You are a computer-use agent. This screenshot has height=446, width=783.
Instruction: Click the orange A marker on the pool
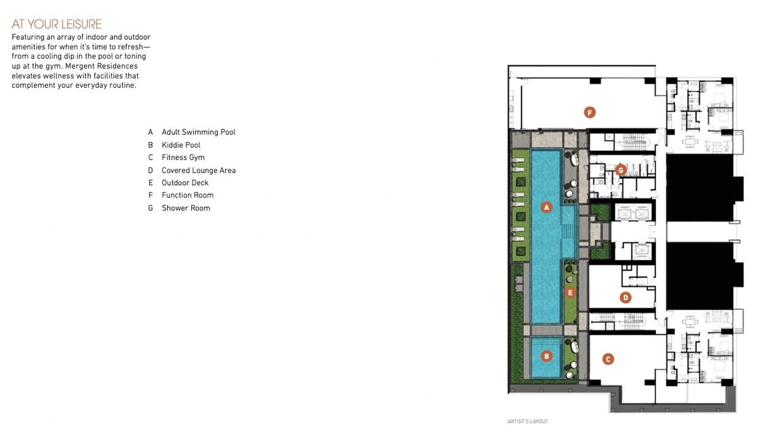point(547,207)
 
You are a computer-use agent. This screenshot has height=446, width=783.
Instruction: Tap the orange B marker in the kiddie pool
point(547,356)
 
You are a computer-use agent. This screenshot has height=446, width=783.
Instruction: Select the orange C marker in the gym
point(608,359)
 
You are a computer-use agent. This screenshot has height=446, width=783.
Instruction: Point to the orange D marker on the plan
point(625,298)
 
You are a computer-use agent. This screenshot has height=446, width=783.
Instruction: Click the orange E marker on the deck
point(570,292)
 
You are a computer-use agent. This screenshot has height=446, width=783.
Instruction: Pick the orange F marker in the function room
point(589,112)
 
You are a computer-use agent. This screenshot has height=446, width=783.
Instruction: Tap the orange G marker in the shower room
point(621,170)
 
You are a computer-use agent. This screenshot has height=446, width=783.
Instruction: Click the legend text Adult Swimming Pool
point(198,132)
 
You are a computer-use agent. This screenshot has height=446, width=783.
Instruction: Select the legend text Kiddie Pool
point(181,145)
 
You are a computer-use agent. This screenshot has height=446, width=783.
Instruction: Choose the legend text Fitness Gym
point(183,157)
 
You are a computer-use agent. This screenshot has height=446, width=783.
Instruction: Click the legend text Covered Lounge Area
point(198,171)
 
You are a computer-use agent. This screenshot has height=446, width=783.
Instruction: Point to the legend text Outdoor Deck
point(185,183)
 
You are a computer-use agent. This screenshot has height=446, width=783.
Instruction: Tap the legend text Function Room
point(188,195)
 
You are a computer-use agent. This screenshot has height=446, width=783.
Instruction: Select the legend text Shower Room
point(186,208)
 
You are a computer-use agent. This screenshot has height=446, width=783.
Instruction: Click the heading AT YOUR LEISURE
point(56,24)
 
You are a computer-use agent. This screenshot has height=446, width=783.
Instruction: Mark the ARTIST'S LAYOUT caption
point(528,421)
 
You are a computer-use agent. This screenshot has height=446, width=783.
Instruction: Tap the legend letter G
point(151,208)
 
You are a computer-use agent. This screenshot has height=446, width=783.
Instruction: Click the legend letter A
point(151,132)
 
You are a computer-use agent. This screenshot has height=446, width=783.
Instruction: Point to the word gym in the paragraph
point(53,66)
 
